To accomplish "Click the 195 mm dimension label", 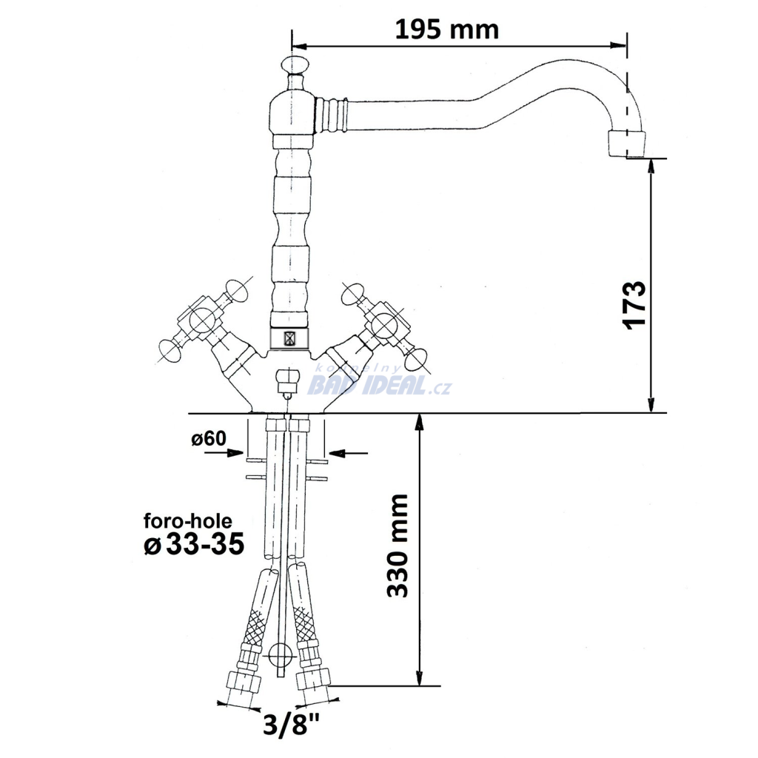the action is pos(446,30).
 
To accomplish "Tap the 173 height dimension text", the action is pos(635,304).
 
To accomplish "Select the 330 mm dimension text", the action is pos(398,546).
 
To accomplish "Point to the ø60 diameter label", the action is pos(208,438).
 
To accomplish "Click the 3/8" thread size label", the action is pos(291,724).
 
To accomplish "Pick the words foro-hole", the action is pos(187,520).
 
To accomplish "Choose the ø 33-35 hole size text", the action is pos(194,545).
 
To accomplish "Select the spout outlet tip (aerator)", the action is pos(626,144).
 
